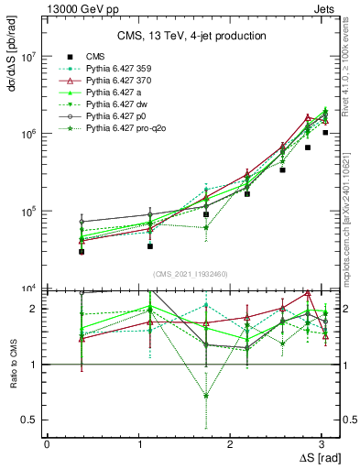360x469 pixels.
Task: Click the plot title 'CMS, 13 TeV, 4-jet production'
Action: coord(191,36)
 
